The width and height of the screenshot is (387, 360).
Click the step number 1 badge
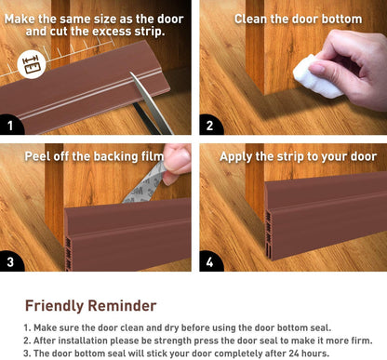[x=10, y=125]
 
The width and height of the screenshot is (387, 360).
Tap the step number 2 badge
[x=210, y=125]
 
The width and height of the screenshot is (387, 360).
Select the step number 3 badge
[x=10, y=261]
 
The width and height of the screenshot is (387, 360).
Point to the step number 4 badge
[x=210, y=261]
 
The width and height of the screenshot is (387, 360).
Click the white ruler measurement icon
[x=32, y=64]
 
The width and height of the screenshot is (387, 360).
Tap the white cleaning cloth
[x=314, y=77]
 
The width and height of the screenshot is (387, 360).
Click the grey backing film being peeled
[x=145, y=184]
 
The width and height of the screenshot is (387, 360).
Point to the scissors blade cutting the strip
[x=151, y=102]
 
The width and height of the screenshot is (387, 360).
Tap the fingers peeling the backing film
[x=177, y=163]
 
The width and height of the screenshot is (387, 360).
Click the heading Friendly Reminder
[x=90, y=306]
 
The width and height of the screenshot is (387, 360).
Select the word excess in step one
[x=112, y=32]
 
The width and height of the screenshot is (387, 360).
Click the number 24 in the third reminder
[x=294, y=353]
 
